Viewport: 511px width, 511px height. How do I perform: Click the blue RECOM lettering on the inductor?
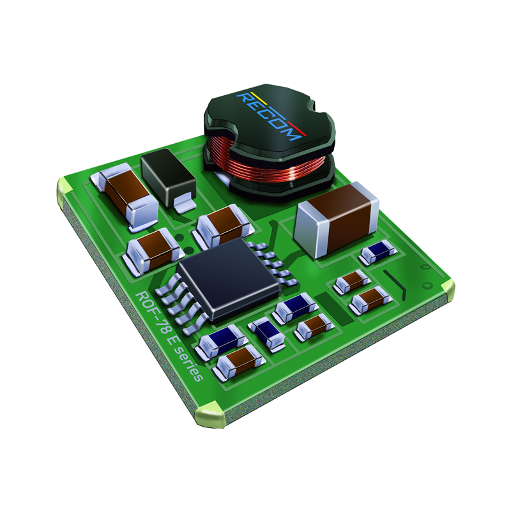pyautogui.click(x=271, y=115)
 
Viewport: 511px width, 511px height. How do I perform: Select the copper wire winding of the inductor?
pyautogui.click(x=268, y=164)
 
